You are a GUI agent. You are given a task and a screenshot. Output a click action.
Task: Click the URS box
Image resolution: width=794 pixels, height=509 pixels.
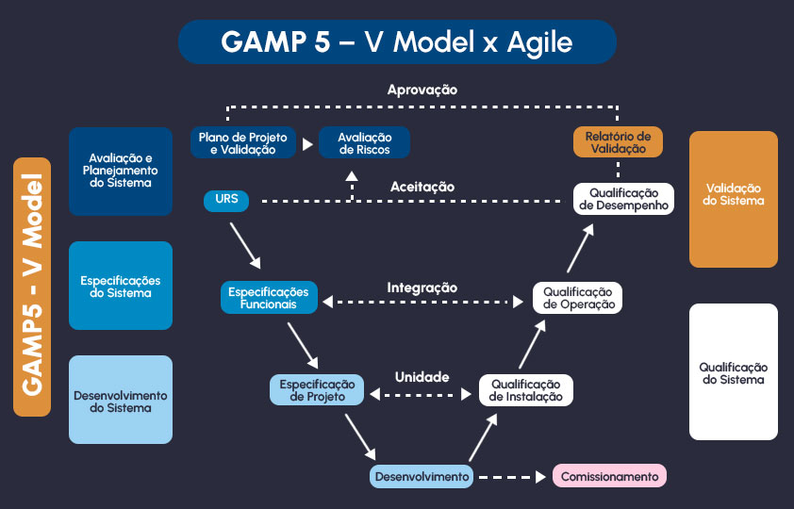[x=226, y=200]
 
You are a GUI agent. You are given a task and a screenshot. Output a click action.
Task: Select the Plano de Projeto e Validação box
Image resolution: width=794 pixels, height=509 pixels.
[x=242, y=143]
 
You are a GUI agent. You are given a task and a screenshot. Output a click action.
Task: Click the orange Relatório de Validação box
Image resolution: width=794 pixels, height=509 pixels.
[x=618, y=142]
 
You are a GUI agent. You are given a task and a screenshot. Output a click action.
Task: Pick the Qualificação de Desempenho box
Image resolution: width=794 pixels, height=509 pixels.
[x=623, y=199]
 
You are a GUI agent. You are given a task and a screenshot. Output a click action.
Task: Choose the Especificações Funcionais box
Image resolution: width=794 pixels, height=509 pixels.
[x=269, y=298]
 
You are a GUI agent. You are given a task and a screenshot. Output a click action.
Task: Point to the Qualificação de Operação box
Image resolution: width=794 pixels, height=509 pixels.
[x=577, y=298]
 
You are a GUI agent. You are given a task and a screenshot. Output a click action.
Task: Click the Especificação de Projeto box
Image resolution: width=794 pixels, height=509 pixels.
[x=317, y=390]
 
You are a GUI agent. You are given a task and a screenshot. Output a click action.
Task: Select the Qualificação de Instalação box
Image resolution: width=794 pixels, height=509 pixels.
[x=525, y=390]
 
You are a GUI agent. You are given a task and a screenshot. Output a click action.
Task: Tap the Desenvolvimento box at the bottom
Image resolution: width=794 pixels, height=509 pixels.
[x=422, y=476]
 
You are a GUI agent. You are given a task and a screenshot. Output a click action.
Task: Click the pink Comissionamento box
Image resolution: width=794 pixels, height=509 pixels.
[x=609, y=476]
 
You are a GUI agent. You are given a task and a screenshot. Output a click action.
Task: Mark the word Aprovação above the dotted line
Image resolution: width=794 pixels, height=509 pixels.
[x=422, y=90]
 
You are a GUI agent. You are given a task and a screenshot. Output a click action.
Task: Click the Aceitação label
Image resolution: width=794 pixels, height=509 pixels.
[x=422, y=187]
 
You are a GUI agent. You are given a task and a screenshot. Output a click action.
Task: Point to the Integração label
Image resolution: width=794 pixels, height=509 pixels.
[x=422, y=287]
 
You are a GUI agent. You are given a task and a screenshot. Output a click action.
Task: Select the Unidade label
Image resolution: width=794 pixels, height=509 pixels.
[x=422, y=376]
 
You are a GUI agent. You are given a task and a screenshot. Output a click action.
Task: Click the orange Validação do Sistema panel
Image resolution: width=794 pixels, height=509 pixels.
[x=734, y=199]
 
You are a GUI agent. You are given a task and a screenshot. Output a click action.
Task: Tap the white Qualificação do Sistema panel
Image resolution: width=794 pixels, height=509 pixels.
[x=734, y=372]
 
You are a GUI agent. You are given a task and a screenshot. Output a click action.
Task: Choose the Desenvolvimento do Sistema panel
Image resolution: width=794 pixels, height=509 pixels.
[x=121, y=400]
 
